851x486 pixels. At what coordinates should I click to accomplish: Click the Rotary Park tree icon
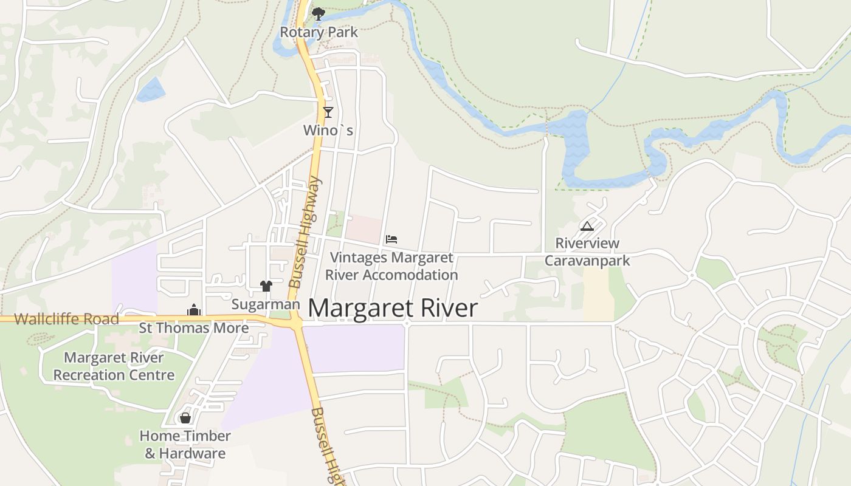coord(318,13)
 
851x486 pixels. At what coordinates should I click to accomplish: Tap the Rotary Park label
coord(319,32)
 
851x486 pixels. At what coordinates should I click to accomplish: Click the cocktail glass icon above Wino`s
coord(328,112)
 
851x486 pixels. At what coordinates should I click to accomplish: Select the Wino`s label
coord(328,131)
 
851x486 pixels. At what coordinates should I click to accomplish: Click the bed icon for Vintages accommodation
coord(391,239)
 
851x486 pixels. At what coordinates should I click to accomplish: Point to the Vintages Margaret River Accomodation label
coord(391,266)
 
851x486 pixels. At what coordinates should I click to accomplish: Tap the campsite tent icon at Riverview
coord(587,227)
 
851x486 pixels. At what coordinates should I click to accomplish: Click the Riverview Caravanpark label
coord(587,252)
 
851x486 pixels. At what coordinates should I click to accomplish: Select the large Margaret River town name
coord(393,309)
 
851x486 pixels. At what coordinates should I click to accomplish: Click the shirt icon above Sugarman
coord(266,286)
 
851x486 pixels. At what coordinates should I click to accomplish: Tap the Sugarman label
coord(266,304)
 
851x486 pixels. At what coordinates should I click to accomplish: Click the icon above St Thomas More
coord(194,310)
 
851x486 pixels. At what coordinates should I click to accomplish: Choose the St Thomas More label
coord(194,329)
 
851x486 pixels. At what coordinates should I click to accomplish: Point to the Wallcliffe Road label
coord(66,319)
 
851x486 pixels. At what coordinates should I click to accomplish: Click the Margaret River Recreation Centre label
coord(114,366)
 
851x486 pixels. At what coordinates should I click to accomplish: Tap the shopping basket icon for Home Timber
coord(185,418)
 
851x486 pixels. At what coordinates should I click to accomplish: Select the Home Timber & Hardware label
coord(185,445)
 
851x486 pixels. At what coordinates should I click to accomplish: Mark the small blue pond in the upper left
coord(150,90)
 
